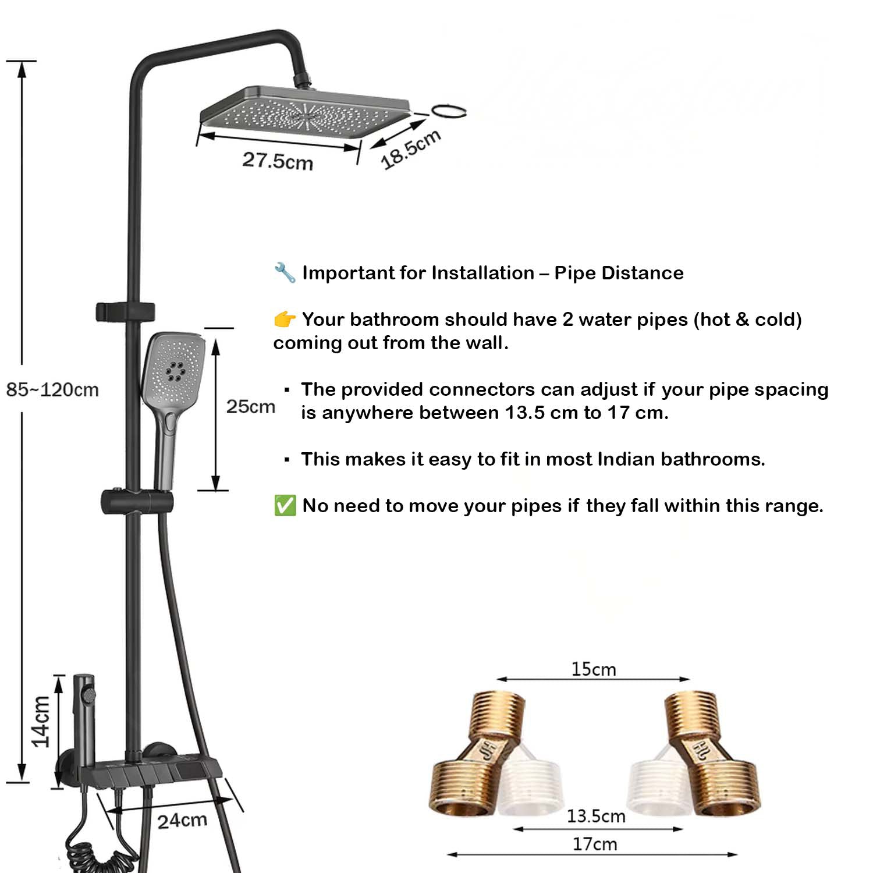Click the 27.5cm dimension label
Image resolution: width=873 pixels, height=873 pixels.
(x=278, y=161)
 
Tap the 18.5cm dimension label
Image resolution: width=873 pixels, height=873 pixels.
(x=411, y=150)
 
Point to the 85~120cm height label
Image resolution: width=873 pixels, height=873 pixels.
(x=52, y=389)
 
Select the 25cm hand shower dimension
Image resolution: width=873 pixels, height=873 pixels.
(x=251, y=406)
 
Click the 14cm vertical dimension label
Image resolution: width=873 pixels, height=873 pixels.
(x=41, y=722)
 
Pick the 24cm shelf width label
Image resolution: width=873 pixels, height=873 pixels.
(x=182, y=821)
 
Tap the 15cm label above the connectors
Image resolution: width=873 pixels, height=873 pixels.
(x=593, y=669)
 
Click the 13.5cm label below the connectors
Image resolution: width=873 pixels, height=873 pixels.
(x=596, y=816)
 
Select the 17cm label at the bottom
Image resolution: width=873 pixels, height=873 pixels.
(x=594, y=844)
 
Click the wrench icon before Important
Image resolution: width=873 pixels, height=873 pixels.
(x=285, y=272)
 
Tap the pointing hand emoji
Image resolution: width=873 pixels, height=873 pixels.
(x=285, y=319)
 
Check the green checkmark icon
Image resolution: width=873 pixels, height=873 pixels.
(x=285, y=505)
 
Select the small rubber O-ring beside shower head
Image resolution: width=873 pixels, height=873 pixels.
(x=449, y=111)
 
